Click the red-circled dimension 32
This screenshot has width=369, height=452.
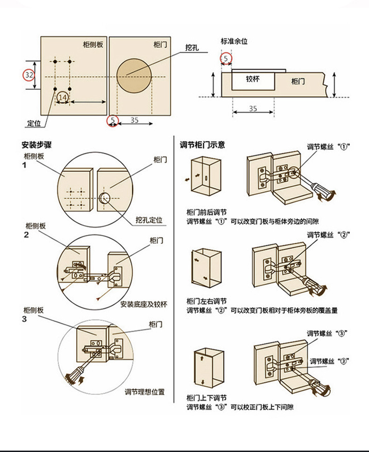(x=29, y=75)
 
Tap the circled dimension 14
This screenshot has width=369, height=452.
(x=63, y=97)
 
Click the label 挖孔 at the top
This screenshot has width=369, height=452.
(x=192, y=47)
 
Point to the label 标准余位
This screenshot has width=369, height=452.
(x=234, y=42)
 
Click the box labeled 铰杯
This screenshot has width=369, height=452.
(x=253, y=79)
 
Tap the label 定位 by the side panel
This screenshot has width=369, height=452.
(x=34, y=123)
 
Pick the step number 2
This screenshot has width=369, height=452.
(x=25, y=234)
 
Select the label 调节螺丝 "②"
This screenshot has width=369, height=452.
(x=328, y=234)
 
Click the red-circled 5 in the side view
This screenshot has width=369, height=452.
(x=226, y=59)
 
